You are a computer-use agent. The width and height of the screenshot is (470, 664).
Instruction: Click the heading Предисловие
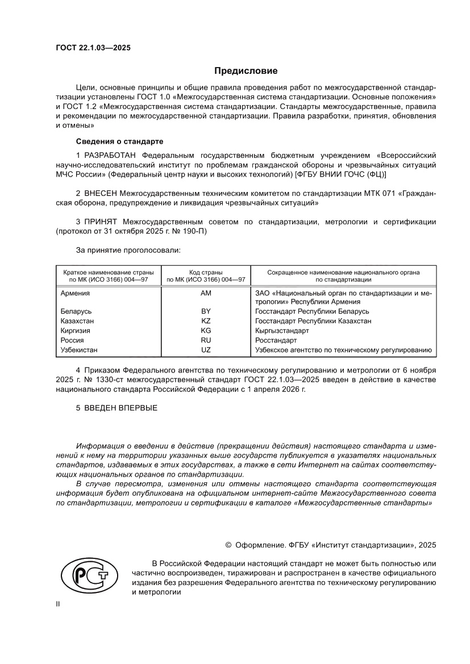[246, 71]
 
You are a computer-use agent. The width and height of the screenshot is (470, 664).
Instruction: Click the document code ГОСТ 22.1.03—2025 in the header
[93, 48]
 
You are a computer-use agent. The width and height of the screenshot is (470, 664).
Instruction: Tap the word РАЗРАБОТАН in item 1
[110, 155]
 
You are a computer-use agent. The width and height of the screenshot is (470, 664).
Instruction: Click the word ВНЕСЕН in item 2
[102, 194]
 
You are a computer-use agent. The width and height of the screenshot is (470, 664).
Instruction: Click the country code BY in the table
[206, 312]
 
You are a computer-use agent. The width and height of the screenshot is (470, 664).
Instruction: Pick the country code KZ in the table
[206, 321]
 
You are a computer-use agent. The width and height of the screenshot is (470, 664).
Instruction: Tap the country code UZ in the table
[206, 350]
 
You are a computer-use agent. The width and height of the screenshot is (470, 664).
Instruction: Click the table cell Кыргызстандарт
[282, 331]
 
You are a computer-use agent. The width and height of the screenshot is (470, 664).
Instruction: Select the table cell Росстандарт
[276, 340]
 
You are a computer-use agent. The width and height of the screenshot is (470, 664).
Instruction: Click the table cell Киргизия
[76, 331]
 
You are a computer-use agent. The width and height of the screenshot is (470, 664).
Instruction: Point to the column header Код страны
[206, 273]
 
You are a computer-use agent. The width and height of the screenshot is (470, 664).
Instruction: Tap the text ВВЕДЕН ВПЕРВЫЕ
[120, 408]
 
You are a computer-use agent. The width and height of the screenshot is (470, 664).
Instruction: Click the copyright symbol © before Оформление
[228, 545]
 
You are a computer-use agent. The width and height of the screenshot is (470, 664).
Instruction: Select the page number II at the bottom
[57, 604]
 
